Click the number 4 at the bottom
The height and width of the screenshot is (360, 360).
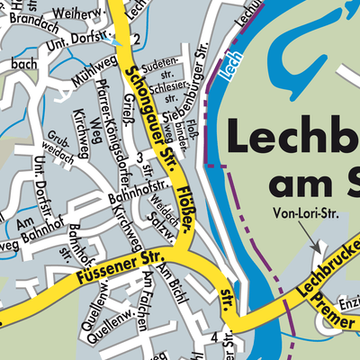pos(213,337)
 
